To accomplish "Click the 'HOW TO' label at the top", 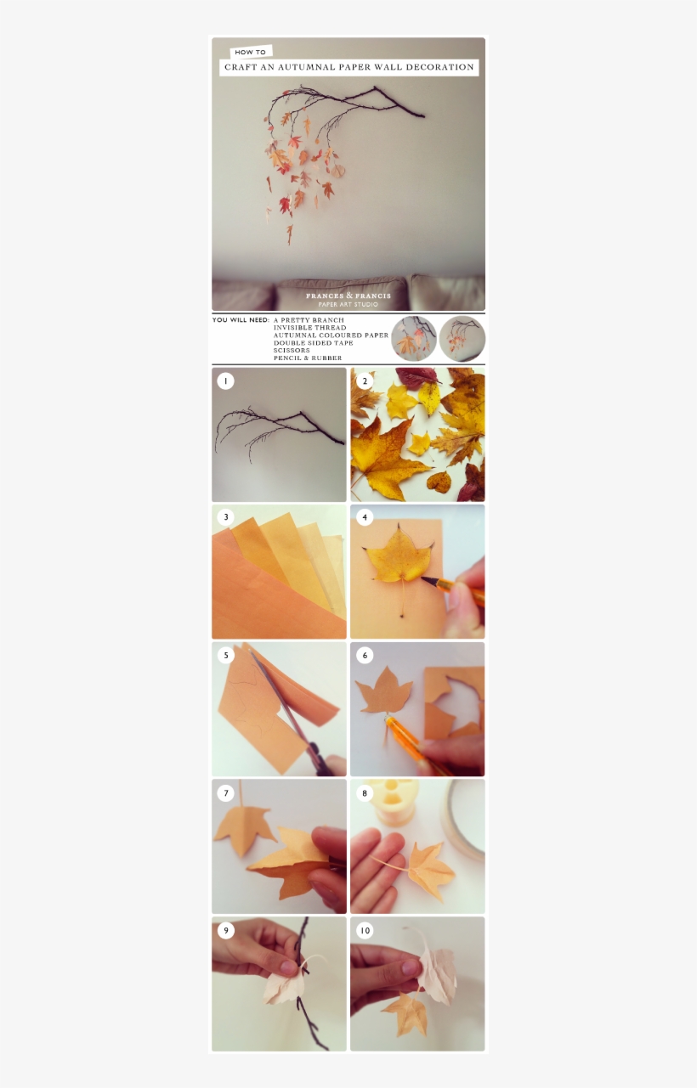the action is pos(250,52).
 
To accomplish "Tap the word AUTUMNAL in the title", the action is pos(305,67).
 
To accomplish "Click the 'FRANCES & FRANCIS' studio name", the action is pos(348,296).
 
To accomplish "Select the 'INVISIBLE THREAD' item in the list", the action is pos(309,328).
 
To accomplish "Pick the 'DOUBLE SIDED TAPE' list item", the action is pos(313,343).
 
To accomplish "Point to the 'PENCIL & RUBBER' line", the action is pos(308,358).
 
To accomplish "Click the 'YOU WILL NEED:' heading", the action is pos(241,320).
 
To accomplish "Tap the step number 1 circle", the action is pos(225,381).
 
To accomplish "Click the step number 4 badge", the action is pos(365,518).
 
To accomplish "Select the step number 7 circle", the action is pos(225,793).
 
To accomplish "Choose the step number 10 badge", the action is pos(365,931).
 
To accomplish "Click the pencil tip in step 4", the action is pos(422,578).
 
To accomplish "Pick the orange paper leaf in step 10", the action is pos(405,1010).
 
